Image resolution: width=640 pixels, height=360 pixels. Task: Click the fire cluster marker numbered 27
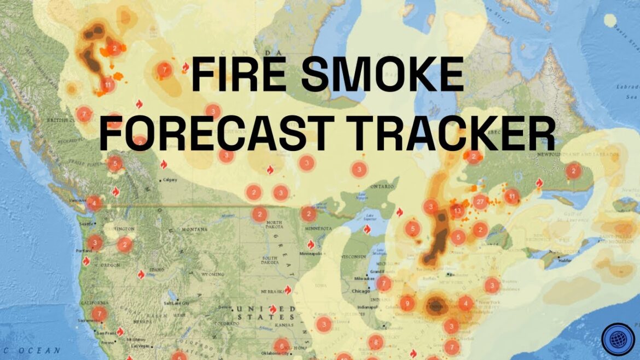tap(481, 202)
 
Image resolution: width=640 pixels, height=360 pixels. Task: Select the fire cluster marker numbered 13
tap(457, 211)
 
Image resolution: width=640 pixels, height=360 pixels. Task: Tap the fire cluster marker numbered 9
tap(406, 303)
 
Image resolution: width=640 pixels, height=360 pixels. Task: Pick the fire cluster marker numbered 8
tap(375, 342)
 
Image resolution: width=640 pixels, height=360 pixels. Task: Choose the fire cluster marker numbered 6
tap(281, 346)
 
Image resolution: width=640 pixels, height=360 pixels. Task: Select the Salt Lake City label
tap(178, 303)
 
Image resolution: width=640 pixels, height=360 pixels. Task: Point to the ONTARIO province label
tap(382, 187)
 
